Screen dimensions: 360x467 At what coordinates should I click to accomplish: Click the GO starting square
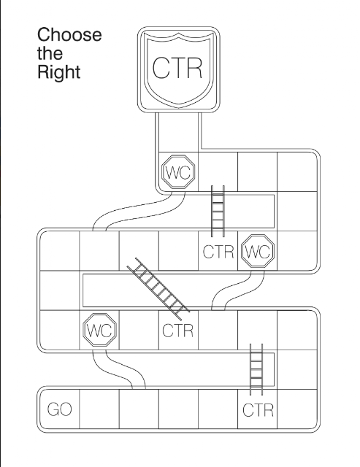[60, 409]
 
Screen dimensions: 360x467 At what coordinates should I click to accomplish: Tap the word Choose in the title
[69, 34]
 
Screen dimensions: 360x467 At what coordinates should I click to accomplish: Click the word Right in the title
[58, 72]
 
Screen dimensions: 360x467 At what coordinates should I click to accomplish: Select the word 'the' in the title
[50, 53]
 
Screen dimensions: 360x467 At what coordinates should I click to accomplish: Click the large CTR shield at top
[178, 69]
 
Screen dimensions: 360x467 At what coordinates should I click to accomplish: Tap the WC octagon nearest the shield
[178, 171]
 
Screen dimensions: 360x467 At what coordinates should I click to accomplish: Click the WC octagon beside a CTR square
[258, 251]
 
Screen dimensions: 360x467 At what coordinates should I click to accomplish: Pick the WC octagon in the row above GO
[99, 329]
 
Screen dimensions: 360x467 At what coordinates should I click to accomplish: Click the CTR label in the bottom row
[258, 410]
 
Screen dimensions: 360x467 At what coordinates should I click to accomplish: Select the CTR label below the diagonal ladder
[178, 331]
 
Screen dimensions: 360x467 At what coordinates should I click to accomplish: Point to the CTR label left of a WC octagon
[218, 252]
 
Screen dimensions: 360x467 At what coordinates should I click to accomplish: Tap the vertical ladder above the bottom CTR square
[256, 369]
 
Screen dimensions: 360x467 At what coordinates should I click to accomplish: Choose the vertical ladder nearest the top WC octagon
[218, 211]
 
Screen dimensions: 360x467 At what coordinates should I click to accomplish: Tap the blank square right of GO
[99, 409]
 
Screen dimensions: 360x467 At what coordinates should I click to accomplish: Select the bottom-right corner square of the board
[296, 409]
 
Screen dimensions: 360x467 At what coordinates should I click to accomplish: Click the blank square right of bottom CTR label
[296, 409]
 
